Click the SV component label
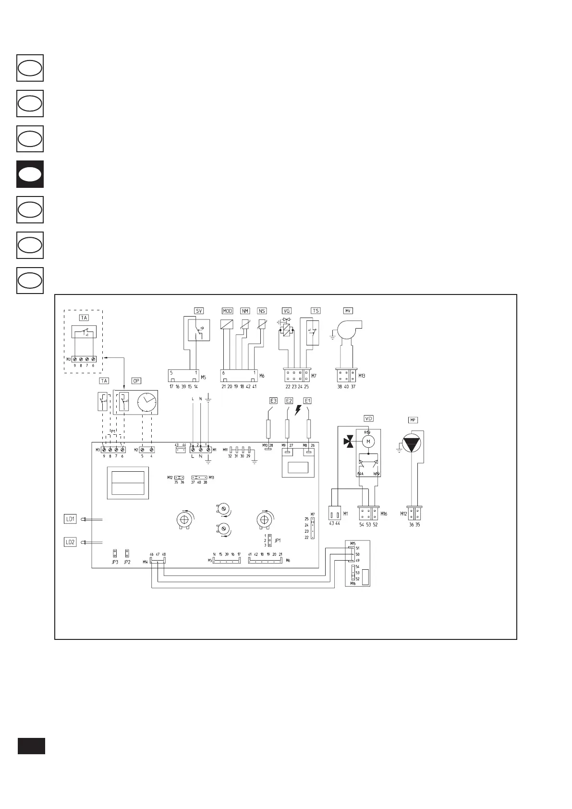[199, 311]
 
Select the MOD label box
[228, 311]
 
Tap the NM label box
[245, 311]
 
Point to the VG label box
[287, 311]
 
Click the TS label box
[316, 311]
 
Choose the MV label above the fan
[348, 311]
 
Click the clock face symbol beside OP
[146, 402]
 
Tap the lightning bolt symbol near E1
[298, 410]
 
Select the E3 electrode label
[274, 400]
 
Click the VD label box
[369, 418]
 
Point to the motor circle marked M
[368, 441]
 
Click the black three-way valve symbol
[348, 441]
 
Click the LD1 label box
[70, 519]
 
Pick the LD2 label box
[70, 542]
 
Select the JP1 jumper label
[277, 540]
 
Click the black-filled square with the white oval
[30, 174]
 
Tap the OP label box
[136, 380]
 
